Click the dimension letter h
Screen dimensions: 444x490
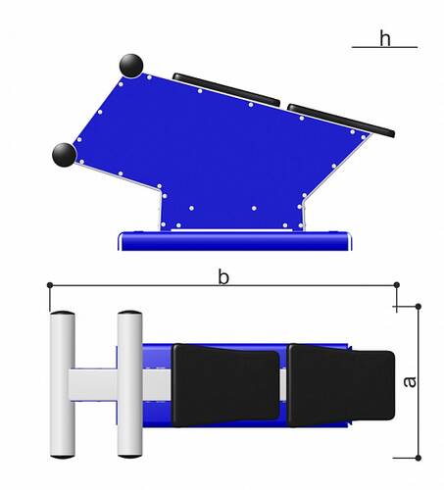point(385,38)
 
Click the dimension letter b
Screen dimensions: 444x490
point(223,277)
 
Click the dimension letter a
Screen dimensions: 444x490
point(410,382)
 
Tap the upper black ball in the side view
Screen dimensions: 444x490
point(131,66)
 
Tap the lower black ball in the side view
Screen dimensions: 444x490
point(64,155)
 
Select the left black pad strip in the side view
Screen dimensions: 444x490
point(226,89)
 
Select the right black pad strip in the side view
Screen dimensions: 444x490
point(341,121)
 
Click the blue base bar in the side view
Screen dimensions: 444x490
point(235,241)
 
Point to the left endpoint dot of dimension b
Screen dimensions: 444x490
point(50,285)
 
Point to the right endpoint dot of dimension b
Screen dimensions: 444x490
point(397,285)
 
